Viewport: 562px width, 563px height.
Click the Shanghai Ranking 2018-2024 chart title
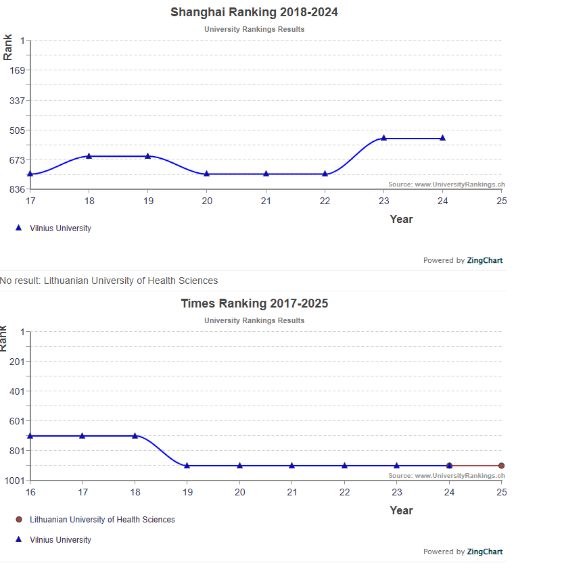click(254, 12)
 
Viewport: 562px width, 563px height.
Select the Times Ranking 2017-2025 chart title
click(254, 303)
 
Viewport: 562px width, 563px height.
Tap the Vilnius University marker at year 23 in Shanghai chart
click(383, 138)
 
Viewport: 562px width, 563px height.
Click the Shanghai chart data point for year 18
click(89, 156)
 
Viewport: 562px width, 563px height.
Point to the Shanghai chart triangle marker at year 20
click(207, 174)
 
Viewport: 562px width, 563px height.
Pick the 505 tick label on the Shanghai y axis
click(16, 130)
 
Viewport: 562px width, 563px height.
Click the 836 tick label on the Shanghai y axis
click(16, 189)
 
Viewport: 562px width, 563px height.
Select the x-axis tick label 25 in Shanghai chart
click(501, 201)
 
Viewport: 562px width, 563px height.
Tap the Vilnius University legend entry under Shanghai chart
click(60, 228)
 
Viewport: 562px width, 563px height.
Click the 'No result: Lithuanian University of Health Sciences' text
click(109, 280)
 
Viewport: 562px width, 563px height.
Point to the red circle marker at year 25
click(501, 466)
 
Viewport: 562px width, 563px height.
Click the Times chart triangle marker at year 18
click(135, 436)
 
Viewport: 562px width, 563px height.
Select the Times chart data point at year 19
click(187, 466)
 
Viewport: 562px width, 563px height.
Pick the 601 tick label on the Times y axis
click(16, 421)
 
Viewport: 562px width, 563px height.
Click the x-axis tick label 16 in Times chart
click(30, 492)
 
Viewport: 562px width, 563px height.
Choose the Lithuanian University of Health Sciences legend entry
click(101, 520)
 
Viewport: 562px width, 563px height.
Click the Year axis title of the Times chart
click(401, 510)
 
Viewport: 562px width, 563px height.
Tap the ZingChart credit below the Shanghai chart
click(463, 260)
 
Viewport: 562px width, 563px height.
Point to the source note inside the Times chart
click(446, 476)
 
